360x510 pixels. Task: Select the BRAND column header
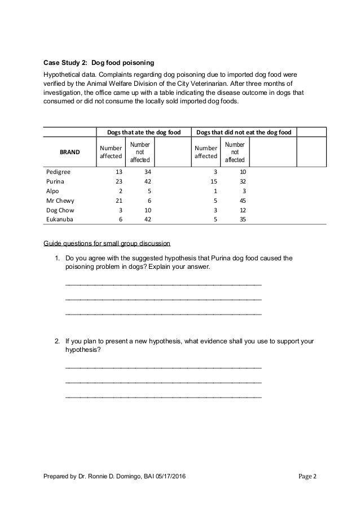click(x=71, y=152)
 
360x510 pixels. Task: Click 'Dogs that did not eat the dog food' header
click(x=243, y=132)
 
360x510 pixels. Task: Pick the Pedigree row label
click(x=59, y=172)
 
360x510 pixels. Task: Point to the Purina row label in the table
click(x=55, y=181)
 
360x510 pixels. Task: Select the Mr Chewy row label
click(x=59, y=200)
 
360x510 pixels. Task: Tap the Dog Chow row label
click(x=59, y=210)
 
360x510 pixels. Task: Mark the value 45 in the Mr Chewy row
click(x=242, y=200)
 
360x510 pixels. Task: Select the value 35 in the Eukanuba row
click(x=242, y=219)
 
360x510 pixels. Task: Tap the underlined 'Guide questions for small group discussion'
click(x=107, y=244)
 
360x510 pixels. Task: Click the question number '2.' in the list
click(x=58, y=342)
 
